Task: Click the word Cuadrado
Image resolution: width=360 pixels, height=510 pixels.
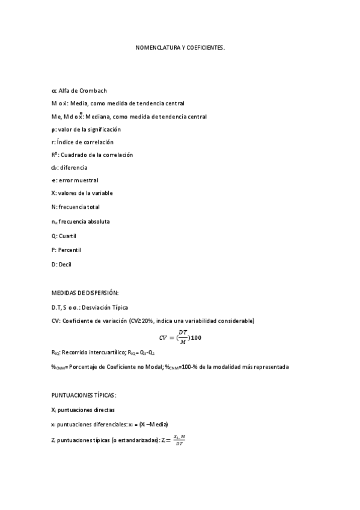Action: click(x=75, y=155)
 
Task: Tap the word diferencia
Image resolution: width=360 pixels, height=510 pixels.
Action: click(x=74, y=167)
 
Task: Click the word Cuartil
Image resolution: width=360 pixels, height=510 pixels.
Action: click(x=68, y=235)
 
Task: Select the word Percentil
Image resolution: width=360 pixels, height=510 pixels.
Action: click(x=70, y=248)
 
